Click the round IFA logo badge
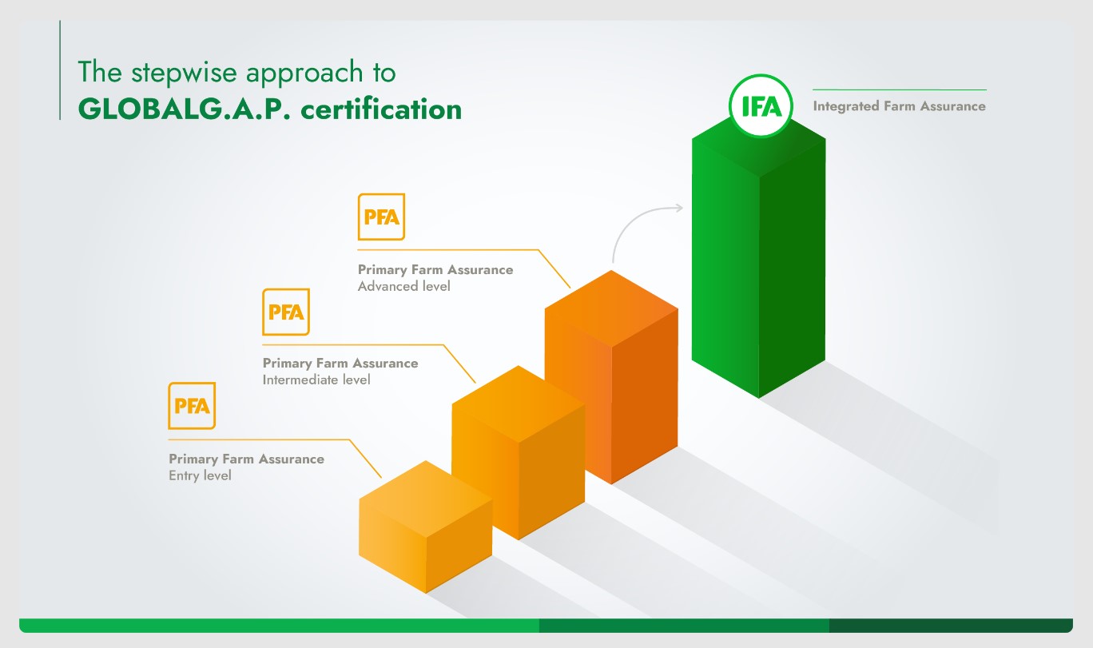point(761,106)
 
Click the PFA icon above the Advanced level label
point(381,217)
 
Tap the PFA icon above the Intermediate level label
point(286,312)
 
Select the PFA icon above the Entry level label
point(192,405)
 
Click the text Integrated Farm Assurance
point(900,106)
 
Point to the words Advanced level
point(404,286)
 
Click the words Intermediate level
point(316,380)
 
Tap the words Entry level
point(200,475)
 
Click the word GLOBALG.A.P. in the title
point(184,109)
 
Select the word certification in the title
point(381,109)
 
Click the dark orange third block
point(611,377)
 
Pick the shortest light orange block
point(426,527)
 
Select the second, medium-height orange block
point(519,452)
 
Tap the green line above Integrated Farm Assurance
point(900,89)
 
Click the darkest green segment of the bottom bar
point(951,626)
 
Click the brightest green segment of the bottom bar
point(279,626)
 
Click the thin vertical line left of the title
point(60,70)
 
